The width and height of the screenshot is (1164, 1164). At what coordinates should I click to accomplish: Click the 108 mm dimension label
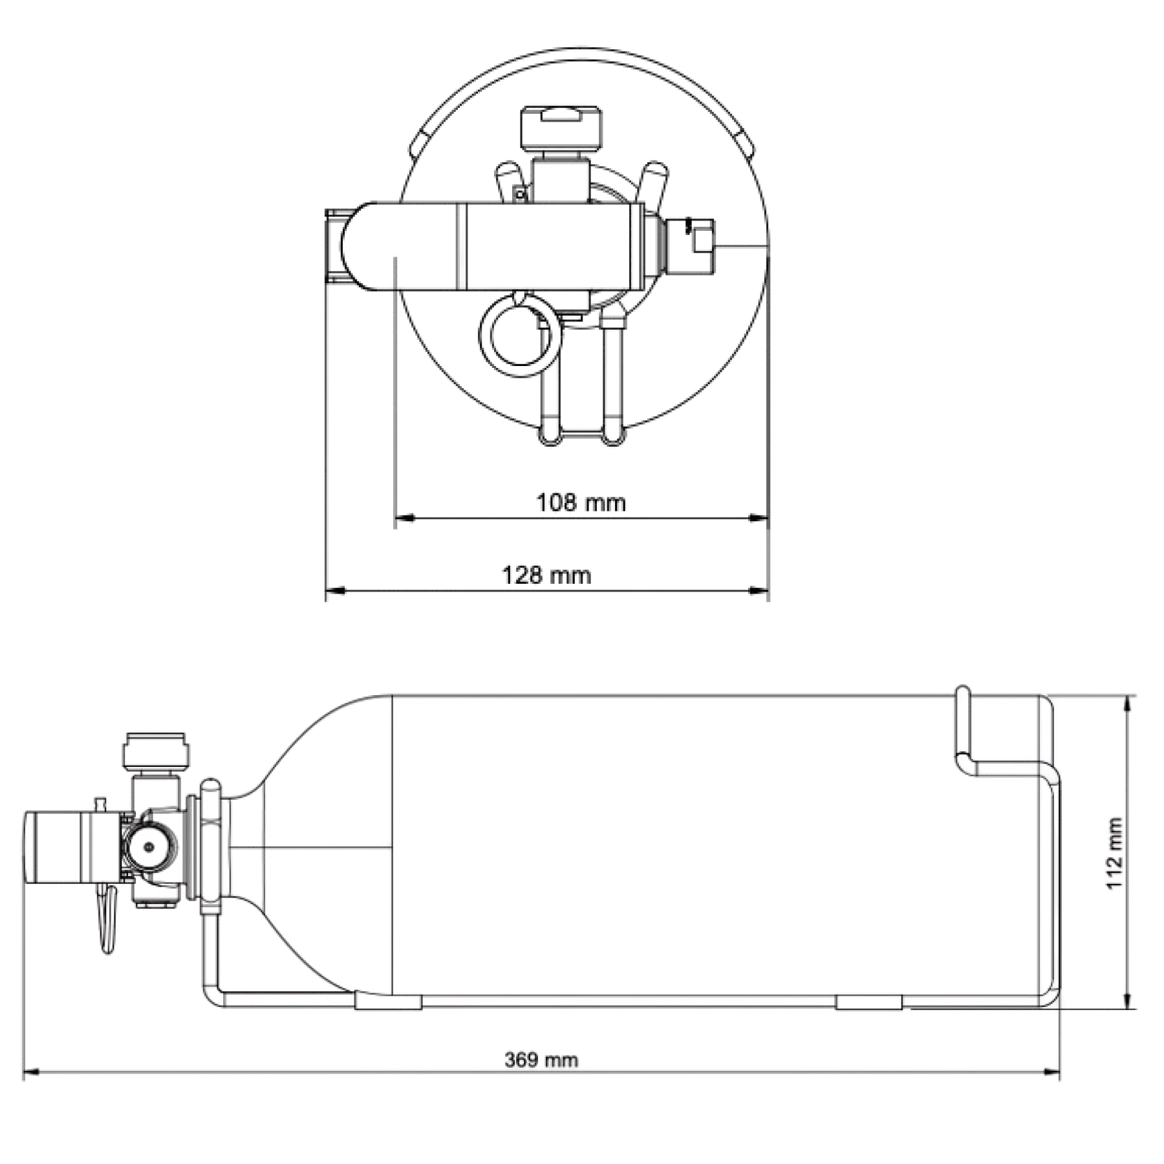coord(581,502)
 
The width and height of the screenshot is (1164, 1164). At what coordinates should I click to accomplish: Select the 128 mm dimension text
coord(546,575)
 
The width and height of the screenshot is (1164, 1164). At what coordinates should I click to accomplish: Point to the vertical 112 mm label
coord(1114,853)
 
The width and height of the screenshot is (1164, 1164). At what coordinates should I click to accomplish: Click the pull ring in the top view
coord(515,336)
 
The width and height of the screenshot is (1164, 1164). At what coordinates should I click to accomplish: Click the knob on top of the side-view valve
coord(156,750)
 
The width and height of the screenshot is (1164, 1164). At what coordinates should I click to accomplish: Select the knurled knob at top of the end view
coord(561,125)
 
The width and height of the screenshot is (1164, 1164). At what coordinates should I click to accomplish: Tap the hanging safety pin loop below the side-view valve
coord(107,919)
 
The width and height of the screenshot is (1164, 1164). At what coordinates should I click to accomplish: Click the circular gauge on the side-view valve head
coord(149,846)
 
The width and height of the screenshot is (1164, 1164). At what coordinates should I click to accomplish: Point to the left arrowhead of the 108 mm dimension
coord(404,517)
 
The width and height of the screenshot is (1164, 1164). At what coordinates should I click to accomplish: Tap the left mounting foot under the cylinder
coord(388,1002)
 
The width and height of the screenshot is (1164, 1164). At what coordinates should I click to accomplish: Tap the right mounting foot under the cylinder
coord(868,1002)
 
